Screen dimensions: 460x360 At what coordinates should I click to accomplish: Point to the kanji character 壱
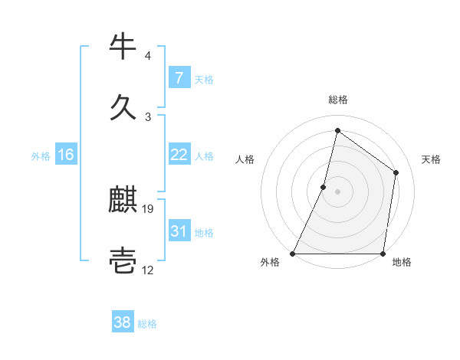coord(123,260)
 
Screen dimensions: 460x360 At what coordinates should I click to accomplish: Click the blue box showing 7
coord(179,78)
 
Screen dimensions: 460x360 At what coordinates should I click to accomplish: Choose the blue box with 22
coord(179,155)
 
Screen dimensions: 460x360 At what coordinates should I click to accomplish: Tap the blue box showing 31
coord(179,231)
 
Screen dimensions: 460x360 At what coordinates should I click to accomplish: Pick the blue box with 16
coord(65,155)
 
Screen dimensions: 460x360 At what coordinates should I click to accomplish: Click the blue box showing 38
coord(123,322)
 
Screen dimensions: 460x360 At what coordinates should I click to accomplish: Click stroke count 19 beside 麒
coord(149,208)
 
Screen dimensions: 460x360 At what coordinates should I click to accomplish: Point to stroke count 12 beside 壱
coord(149,270)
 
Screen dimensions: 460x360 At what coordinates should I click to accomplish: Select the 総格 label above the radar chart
coord(338,100)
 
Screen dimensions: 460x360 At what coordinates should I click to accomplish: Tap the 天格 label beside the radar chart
coord(432,159)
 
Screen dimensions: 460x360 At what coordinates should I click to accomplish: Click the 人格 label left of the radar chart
coord(245,159)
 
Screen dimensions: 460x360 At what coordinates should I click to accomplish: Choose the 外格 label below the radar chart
coord(270,262)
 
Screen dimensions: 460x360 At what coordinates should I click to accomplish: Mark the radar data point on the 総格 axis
coord(337,130)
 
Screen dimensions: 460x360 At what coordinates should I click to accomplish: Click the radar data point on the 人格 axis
coord(324,186)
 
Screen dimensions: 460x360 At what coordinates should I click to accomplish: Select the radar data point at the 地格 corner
coord(383,254)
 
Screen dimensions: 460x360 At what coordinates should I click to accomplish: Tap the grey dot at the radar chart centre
coord(337,191)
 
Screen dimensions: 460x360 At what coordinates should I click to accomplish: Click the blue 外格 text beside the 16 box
coord(41,155)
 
